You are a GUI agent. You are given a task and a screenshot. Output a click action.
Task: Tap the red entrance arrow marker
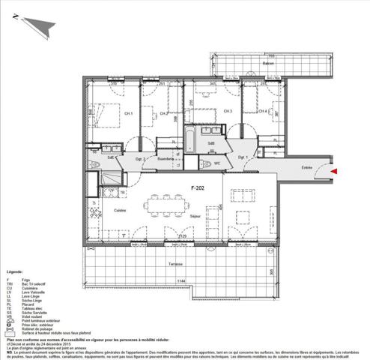(333, 172)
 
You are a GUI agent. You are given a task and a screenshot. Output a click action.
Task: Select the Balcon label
(267, 63)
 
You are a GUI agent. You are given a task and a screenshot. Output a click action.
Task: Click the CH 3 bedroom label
(227, 112)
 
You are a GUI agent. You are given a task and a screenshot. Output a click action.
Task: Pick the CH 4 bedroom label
(263, 112)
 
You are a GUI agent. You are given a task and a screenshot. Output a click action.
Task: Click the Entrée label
(306, 167)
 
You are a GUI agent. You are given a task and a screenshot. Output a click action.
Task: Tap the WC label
(216, 163)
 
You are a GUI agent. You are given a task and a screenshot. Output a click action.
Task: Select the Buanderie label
(165, 159)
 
